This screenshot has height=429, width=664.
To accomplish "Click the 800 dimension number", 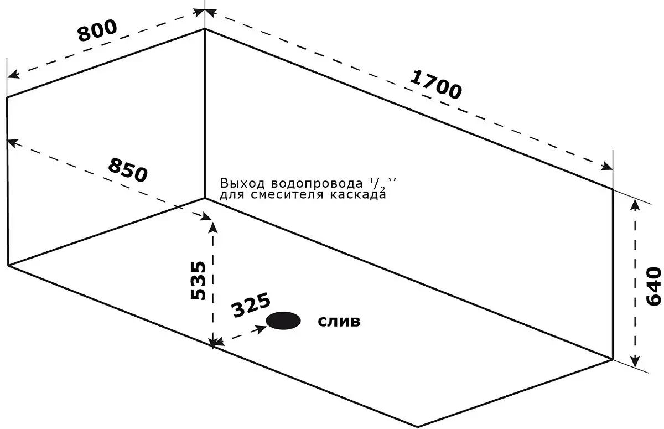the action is (x=97, y=30).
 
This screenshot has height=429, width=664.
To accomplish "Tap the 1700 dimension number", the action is (x=435, y=85).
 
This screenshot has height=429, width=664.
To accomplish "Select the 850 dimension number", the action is (x=128, y=170).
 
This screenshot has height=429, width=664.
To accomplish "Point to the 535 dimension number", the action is (x=198, y=280).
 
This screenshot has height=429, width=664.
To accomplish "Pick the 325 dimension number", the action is (x=251, y=305).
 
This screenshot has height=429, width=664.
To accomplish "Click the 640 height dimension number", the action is (x=653, y=286).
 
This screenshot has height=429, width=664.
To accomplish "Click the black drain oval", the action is (x=283, y=321).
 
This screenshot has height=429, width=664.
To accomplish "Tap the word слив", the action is (x=339, y=322).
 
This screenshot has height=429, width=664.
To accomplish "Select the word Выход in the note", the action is (x=242, y=184).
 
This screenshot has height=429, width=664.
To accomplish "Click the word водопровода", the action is (x=317, y=184).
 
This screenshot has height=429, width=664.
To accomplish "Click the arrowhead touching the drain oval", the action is (x=261, y=329).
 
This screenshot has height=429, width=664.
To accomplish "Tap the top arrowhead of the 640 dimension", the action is (x=634, y=205).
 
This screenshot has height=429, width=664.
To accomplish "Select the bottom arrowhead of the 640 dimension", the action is (x=634, y=361).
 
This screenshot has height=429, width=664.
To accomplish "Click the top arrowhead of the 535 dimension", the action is (x=213, y=228).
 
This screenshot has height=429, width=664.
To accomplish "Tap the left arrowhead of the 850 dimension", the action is (x=13, y=143).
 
